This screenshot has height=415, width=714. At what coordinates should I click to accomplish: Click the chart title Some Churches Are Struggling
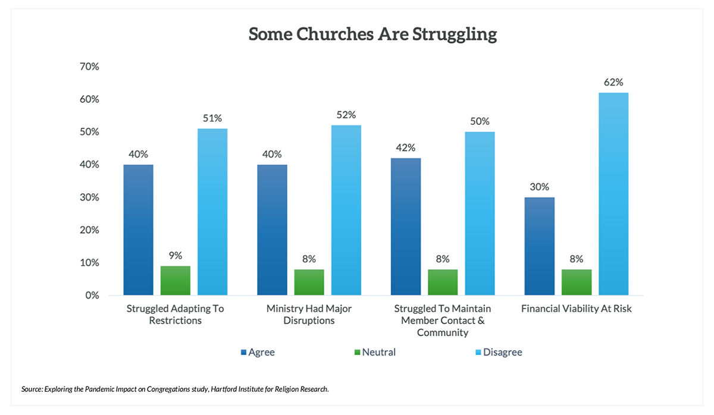coord(372,34)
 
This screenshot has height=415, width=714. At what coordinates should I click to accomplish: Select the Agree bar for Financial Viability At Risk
coord(539,246)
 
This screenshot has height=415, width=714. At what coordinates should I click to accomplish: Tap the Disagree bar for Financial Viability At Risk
coord(613,194)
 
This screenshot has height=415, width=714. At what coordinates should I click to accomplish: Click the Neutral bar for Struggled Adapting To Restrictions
coord(176,281)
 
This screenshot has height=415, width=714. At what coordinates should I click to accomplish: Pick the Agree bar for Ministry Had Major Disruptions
coord(272,229)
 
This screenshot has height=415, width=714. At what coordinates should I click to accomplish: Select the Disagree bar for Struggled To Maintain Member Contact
coord(480,213)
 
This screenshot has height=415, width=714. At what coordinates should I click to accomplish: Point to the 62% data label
coord(613,83)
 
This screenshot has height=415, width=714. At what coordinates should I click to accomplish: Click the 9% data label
coord(176,256)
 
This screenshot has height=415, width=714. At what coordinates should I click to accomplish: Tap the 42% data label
coord(405,148)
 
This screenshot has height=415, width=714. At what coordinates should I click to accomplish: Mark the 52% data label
coord(346,115)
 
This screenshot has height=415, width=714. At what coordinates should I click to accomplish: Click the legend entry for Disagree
coord(502,352)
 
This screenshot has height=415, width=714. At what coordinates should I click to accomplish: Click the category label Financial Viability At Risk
coord(576,309)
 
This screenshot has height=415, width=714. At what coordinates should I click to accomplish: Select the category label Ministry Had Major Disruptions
coord(309,315)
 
